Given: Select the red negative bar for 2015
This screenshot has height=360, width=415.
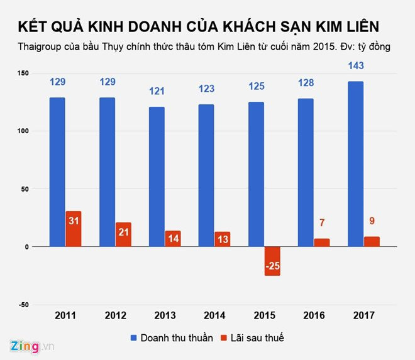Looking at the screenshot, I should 272,261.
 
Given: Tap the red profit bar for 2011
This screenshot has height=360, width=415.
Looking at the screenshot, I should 74,229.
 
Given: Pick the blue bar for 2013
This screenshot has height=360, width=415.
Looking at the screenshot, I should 156,177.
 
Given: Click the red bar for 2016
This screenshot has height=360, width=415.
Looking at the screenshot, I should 321,243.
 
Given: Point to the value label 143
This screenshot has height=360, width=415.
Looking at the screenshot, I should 355,65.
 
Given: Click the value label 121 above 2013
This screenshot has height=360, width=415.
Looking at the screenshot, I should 156,91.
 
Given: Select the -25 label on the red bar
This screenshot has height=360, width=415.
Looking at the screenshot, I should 272,266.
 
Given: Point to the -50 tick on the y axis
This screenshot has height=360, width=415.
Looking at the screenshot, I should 22,305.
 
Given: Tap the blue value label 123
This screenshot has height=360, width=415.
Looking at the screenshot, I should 206,89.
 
